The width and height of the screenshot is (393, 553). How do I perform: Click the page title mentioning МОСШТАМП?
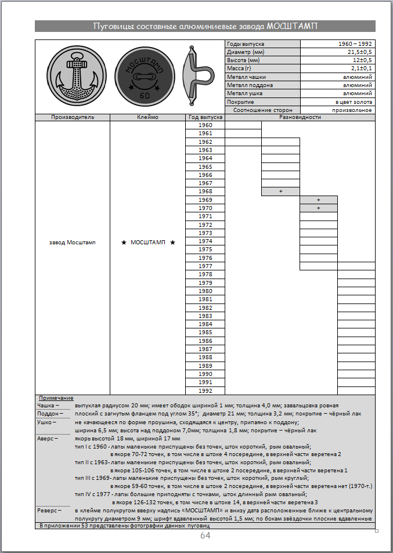205,26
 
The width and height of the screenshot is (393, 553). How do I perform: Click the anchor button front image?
73,76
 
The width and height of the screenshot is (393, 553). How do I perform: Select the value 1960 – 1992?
355,44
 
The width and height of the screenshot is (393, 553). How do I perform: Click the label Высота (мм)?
244,60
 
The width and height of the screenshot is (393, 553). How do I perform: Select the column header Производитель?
73,117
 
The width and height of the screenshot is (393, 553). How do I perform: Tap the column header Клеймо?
147,117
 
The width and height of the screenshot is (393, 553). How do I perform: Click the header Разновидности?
300,117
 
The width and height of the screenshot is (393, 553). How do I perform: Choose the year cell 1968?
205,191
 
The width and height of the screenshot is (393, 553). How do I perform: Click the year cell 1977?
205,266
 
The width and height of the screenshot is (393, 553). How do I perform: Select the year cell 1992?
205,391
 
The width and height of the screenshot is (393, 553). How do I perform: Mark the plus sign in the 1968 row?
280,191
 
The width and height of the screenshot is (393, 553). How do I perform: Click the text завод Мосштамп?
73,242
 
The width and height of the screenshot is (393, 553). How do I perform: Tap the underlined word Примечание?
56,398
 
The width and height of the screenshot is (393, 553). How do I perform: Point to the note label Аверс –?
48,439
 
